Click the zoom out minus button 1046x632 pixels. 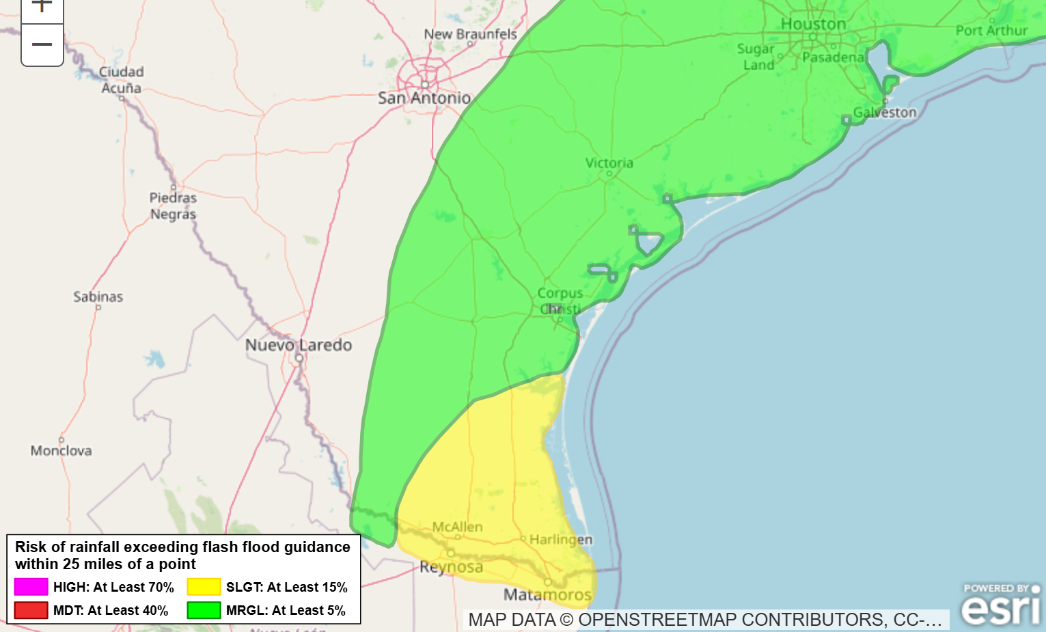(42, 45)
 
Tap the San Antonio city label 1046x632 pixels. (424, 98)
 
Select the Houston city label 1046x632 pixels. (813, 24)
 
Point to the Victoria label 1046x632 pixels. (609, 163)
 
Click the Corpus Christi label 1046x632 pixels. (560, 301)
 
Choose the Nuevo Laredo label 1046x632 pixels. (299, 345)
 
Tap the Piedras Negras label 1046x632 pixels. (173, 206)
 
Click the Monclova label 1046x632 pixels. (61, 451)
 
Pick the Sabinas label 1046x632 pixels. (98, 297)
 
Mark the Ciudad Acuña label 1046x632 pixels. (122, 80)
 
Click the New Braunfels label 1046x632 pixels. (470, 34)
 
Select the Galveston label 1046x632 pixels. (885, 113)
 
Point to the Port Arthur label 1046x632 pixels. (991, 31)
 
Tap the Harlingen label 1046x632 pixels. (561, 540)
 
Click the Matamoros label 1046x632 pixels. (547, 594)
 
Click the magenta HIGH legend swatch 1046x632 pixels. (31, 587)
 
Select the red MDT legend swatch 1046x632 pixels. (31, 610)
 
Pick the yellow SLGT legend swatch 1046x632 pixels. (204, 587)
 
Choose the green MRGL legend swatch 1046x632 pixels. (204, 610)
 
